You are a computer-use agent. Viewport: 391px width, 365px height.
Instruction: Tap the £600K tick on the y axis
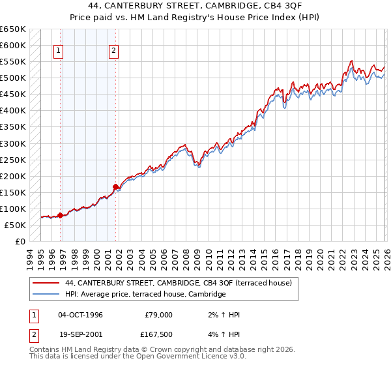(x=13, y=46)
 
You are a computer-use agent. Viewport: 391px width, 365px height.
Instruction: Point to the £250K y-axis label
(x=13, y=160)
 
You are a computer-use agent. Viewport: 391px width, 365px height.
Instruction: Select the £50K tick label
(x=16, y=225)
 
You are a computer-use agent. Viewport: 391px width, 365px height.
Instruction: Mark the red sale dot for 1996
(x=61, y=215)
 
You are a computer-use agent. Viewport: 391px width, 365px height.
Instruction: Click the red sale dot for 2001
(x=116, y=186)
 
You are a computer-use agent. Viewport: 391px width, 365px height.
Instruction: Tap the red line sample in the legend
(x=47, y=283)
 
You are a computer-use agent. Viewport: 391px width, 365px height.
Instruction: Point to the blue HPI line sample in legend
(x=47, y=295)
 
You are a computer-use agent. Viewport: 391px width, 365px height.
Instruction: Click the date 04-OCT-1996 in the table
(x=80, y=315)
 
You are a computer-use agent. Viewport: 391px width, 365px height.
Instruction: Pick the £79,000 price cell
(x=158, y=315)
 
